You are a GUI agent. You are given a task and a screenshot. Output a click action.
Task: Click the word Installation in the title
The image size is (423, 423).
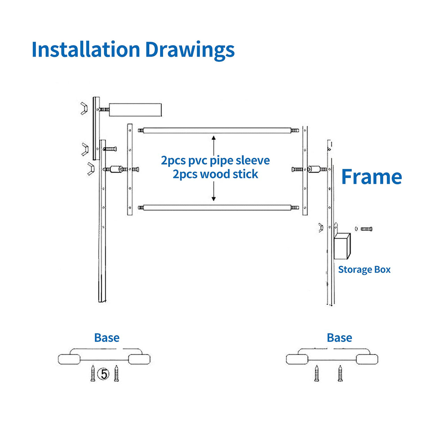click(x=85, y=49)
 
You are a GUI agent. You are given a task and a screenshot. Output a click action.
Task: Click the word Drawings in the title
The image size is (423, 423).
click(x=190, y=50)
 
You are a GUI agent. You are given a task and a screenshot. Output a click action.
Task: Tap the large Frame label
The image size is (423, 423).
click(x=371, y=177)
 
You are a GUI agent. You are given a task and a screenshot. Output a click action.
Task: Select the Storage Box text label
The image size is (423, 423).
click(x=364, y=270)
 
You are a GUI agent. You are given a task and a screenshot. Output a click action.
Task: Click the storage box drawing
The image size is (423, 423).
click(x=342, y=246)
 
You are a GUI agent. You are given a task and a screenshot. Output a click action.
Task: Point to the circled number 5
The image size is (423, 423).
click(x=103, y=374)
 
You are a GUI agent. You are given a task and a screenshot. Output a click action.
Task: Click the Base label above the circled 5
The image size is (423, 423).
click(x=107, y=338)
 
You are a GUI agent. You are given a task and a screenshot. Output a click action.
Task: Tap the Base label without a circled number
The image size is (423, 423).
click(x=339, y=338)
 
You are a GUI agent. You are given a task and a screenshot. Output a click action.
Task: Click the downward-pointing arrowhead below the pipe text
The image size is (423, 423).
click(x=214, y=198)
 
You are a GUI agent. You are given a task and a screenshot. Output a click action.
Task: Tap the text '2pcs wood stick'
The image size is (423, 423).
click(x=215, y=174)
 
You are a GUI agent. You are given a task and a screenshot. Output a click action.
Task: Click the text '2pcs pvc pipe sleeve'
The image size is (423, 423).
click(x=215, y=160)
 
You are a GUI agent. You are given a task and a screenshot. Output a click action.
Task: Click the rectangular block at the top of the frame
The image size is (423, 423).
click(x=135, y=110)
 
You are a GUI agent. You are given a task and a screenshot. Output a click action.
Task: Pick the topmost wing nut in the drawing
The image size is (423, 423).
click(x=84, y=108)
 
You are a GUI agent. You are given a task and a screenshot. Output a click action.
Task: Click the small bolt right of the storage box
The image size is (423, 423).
click(x=366, y=229)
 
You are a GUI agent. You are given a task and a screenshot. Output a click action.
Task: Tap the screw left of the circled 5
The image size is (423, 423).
click(x=93, y=374)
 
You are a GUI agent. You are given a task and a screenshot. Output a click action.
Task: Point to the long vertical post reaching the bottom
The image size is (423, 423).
click(x=103, y=223)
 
